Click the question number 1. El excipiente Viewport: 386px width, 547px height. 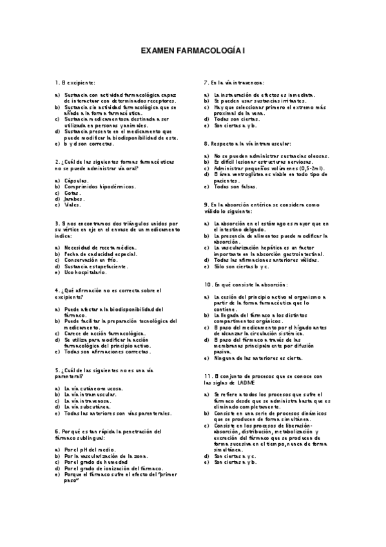point(75,83)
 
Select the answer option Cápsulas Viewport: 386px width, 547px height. point(76,181)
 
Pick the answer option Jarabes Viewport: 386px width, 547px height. point(74,199)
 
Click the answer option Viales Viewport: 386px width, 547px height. point(72,205)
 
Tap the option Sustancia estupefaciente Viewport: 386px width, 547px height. point(93,266)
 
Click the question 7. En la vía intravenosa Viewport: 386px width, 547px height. point(233,83)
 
